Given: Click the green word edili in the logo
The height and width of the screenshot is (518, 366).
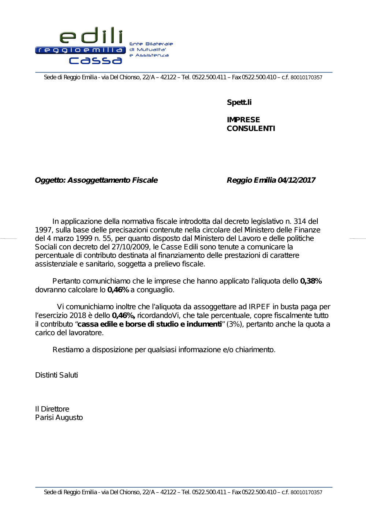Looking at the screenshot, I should tap(91, 36).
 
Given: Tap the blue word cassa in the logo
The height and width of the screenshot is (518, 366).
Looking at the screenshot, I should tap(96, 60).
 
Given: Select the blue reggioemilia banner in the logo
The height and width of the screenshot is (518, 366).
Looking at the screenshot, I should tap(81, 50).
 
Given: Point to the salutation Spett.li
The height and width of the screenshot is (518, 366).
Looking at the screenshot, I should tap(239, 103).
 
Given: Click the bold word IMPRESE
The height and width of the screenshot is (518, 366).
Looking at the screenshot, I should tap(243, 120).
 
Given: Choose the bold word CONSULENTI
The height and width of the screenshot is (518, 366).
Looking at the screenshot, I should tap(251, 128).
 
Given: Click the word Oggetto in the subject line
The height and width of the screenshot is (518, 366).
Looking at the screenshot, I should tap(49, 180).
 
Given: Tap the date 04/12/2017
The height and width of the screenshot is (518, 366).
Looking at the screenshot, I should tap(296, 180).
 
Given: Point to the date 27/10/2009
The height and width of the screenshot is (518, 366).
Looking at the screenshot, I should tap(132, 247).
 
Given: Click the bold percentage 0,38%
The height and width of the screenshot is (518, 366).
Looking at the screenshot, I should tap(311, 281).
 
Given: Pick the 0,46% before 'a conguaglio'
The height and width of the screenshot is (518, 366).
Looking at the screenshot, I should tap(118, 290).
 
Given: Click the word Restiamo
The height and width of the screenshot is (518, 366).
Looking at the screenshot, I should tap(68, 350).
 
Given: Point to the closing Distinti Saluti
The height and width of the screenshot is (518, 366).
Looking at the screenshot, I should tap(56, 375).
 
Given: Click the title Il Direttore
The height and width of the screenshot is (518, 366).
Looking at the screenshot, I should tap(52, 409).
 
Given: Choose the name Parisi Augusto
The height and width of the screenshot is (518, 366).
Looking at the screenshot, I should tap(59, 418).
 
